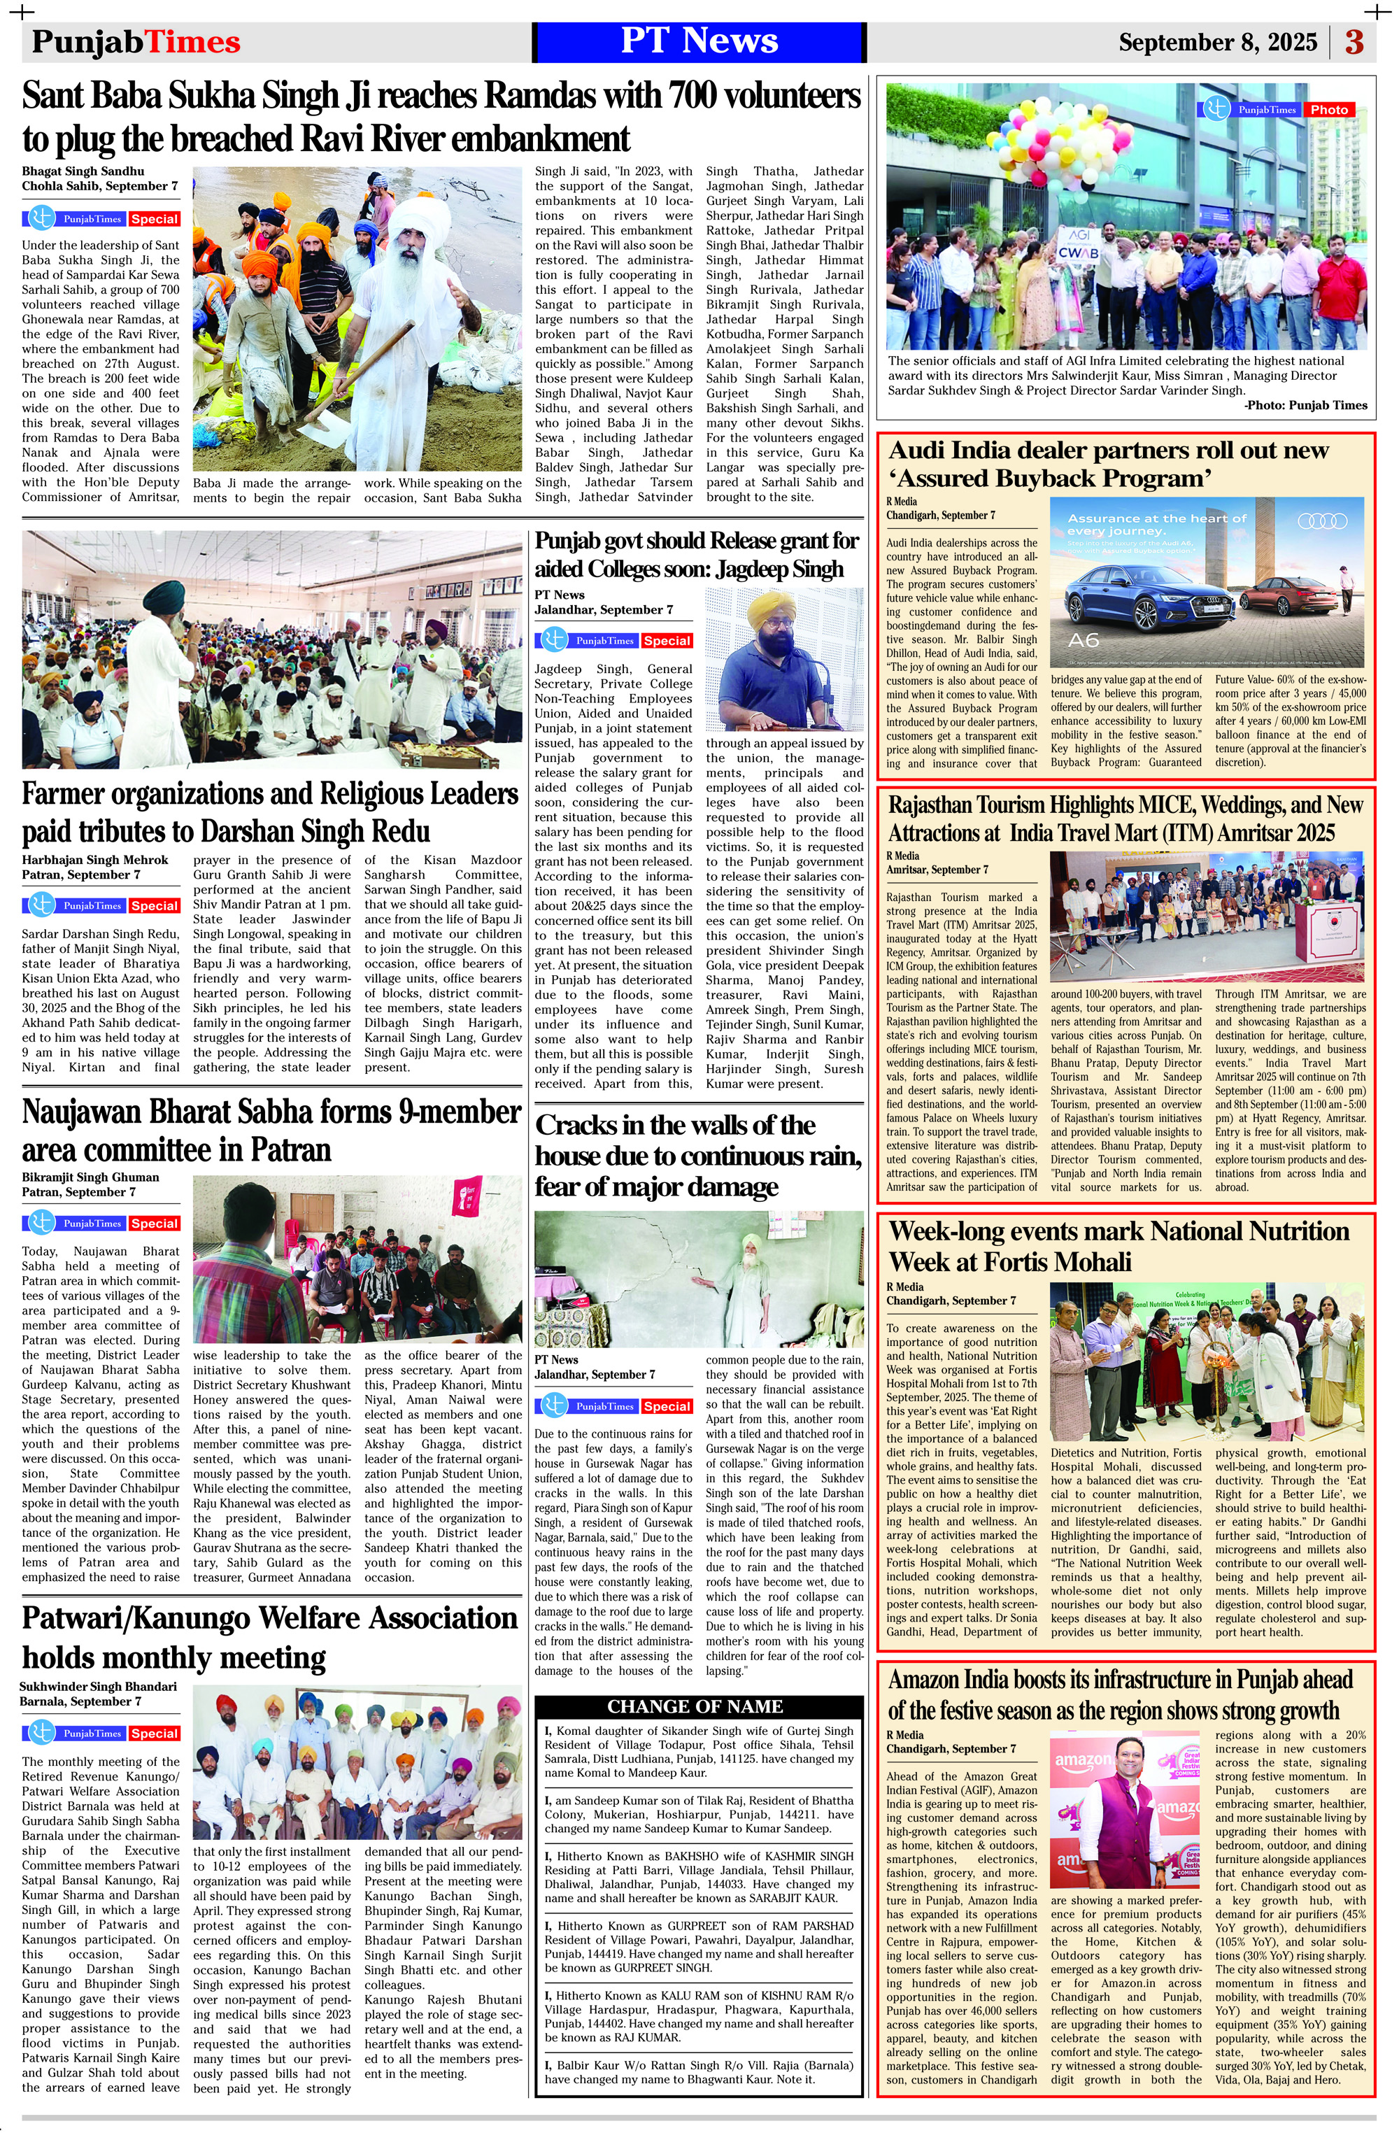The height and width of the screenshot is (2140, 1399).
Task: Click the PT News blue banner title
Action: tap(699, 41)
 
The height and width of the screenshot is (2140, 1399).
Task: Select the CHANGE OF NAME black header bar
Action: tap(695, 1706)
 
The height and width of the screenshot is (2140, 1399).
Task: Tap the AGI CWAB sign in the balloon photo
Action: tap(1078, 246)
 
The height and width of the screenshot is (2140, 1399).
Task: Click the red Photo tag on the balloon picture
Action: tap(1329, 110)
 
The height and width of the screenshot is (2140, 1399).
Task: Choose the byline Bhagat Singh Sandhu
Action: tap(83, 171)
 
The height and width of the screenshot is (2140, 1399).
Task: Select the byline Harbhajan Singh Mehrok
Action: tap(95, 860)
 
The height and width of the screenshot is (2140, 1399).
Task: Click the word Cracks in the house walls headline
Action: tap(582, 1126)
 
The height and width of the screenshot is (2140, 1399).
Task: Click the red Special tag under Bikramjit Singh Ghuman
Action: tap(154, 1223)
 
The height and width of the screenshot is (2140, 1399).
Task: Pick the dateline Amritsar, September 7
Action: tap(937, 870)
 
